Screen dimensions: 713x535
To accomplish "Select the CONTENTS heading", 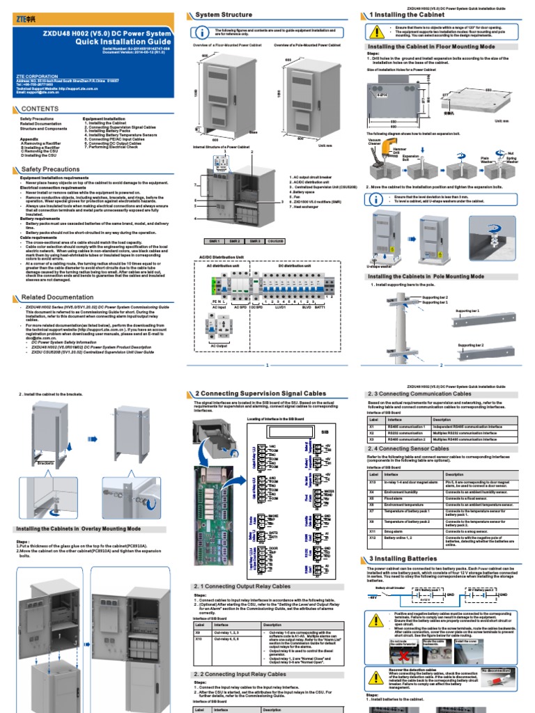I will tap(39, 109).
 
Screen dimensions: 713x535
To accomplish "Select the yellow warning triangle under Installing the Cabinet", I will tap(377, 30).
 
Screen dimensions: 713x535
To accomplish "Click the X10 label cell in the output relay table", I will tap(199, 636).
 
